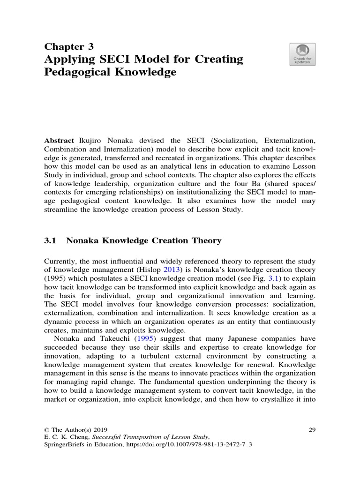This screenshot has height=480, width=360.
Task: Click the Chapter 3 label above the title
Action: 69,46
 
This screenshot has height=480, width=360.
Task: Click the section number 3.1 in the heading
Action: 50,241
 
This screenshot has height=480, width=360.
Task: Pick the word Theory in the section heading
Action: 204,241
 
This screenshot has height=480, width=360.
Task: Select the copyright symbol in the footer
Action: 46,430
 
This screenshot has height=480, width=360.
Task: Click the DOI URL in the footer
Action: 192,446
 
